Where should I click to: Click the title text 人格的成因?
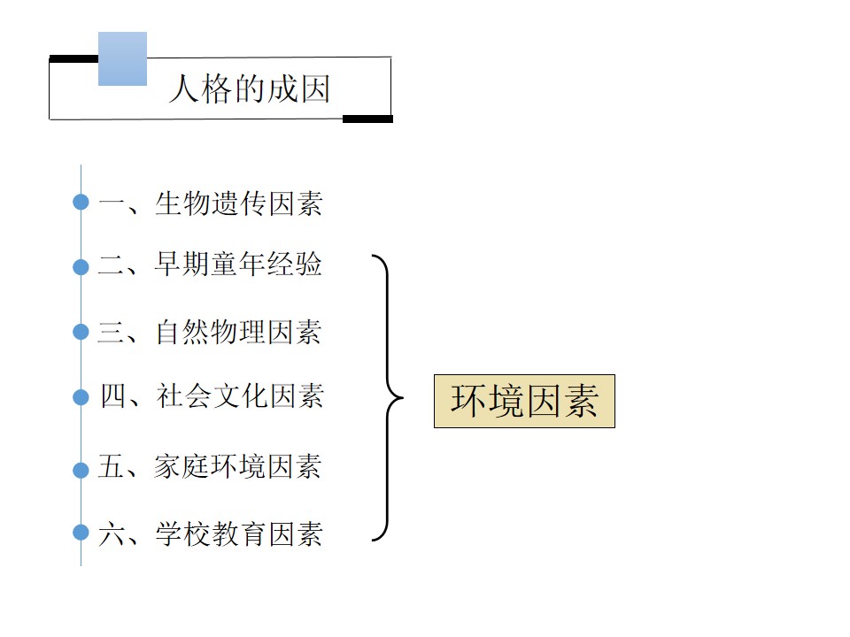(250, 88)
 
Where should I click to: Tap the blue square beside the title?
(122, 58)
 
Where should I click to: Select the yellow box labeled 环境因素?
(524, 401)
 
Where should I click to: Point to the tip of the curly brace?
(404, 397)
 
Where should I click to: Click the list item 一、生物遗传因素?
(211, 203)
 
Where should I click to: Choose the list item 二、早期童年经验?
(211, 265)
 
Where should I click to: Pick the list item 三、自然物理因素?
(210, 332)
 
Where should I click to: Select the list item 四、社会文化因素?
(212, 395)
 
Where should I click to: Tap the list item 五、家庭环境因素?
(211, 466)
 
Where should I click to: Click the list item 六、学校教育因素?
(211, 533)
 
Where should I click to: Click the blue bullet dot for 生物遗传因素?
(81, 202)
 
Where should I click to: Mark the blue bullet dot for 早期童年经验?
(81, 266)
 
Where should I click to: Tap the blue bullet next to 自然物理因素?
(81, 332)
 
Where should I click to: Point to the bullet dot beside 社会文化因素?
(81, 397)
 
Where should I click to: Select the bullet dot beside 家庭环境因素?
(81, 470)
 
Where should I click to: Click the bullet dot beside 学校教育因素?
(81, 532)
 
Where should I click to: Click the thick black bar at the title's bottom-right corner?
(367, 119)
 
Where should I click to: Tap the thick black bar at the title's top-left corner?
(73, 58)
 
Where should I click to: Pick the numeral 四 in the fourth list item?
(112, 396)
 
